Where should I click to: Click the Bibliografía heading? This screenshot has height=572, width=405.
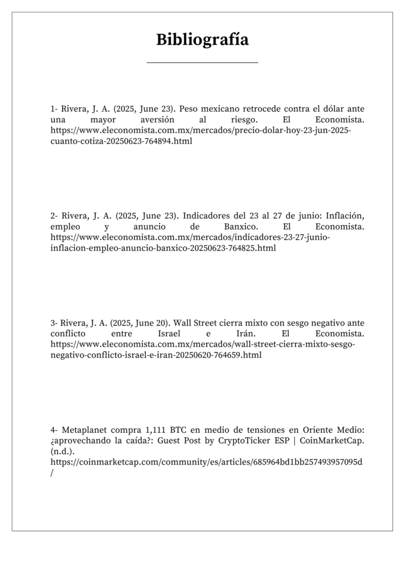pos(202,40)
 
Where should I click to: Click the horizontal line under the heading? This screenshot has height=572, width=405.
pos(202,63)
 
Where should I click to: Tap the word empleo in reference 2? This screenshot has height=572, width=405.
pos(65,227)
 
